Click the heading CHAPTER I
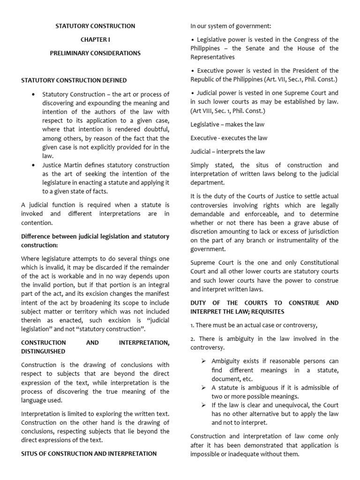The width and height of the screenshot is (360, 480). [95, 40]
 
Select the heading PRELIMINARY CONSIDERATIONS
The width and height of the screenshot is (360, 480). [95, 53]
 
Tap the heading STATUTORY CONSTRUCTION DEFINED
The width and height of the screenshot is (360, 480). [74, 81]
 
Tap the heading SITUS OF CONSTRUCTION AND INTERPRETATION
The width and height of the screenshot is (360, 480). [89, 454]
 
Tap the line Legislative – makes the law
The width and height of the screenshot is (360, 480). [227, 124]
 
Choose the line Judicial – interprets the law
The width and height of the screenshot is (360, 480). [227, 151]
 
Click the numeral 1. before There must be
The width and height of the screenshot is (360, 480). [192, 325]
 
